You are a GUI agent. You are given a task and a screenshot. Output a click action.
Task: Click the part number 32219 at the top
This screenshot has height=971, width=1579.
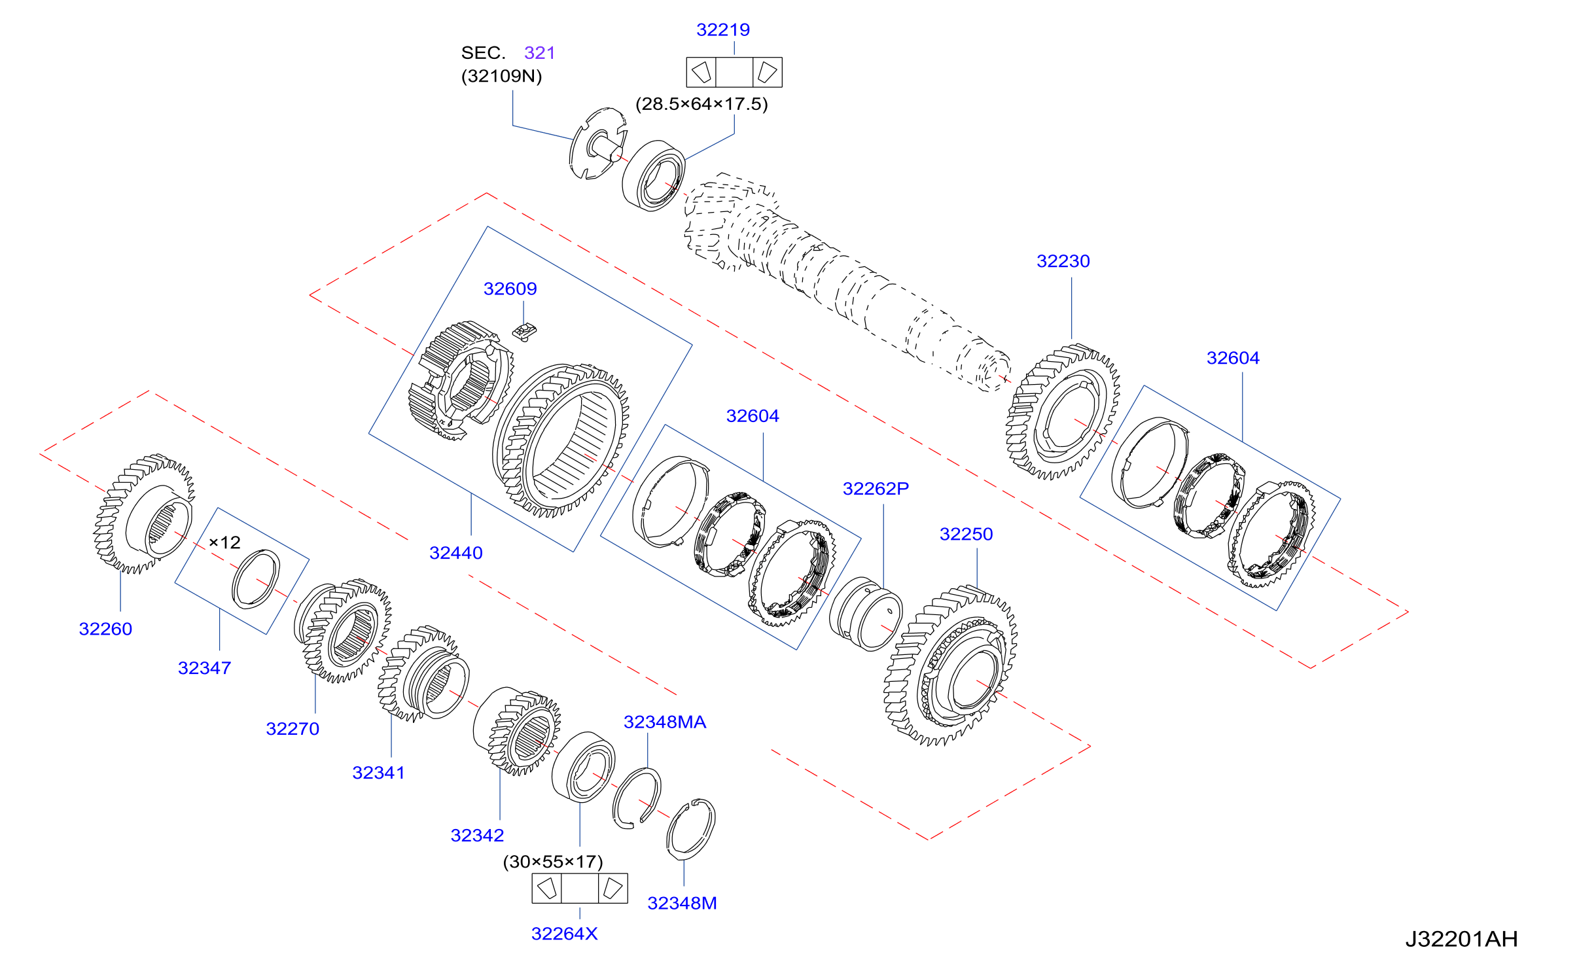722,30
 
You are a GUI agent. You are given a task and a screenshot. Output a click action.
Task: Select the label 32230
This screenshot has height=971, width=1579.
1063,262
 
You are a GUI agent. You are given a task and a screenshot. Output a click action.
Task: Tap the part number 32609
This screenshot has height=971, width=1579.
510,289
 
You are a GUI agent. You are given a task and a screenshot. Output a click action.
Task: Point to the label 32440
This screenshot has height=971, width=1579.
455,554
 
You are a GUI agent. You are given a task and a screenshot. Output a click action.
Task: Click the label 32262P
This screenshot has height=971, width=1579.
876,489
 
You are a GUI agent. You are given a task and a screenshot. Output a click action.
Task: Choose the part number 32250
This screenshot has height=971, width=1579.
966,535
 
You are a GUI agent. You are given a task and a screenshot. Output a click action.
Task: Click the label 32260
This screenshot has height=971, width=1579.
105,629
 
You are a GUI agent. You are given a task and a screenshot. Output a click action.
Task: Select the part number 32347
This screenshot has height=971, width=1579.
204,669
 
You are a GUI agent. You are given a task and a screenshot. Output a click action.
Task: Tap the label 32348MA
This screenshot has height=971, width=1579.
665,722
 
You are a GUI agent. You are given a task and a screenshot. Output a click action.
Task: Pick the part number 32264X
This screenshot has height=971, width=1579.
564,934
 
